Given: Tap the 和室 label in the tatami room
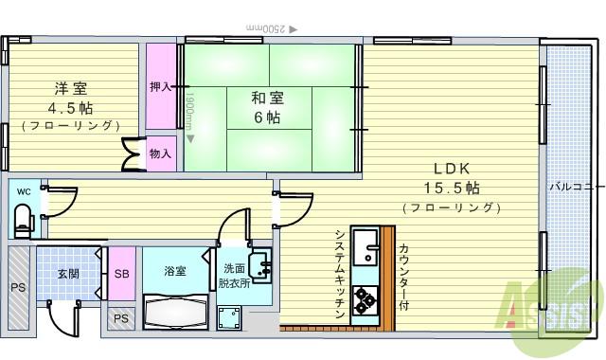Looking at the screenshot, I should [267, 98].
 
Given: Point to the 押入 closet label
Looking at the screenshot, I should [160, 87].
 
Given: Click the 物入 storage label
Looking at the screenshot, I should [160, 153].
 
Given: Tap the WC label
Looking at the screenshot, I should [22, 190].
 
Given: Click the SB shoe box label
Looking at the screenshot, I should [121, 274].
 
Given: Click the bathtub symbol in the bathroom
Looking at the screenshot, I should [175, 309].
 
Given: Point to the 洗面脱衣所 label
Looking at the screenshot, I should [234, 276].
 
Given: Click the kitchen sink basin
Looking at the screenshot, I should [365, 250].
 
